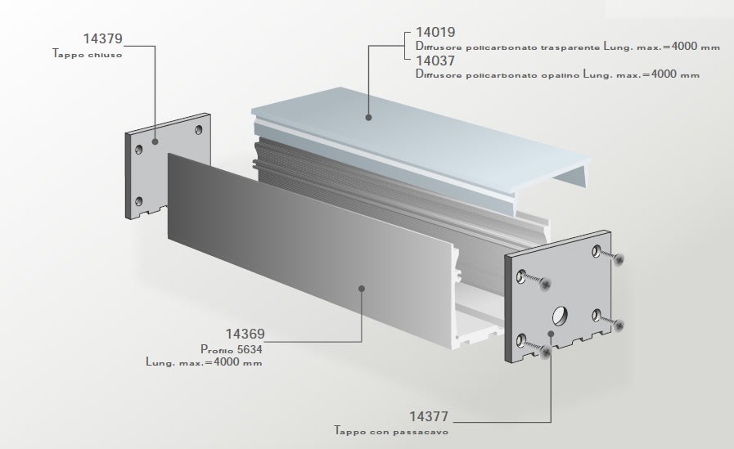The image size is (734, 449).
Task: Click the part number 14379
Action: [x=103, y=39]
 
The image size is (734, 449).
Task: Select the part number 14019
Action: [x=435, y=34]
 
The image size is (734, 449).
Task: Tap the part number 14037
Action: [x=435, y=61]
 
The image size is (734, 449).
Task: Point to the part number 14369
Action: [x=245, y=335]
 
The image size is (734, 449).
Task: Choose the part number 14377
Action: [x=429, y=416]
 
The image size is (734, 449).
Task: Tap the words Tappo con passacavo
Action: [x=390, y=430]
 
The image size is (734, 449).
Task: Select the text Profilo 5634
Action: [x=232, y=348]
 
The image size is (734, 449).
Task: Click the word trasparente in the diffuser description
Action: [x=561, y=47]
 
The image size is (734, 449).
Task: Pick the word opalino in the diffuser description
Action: [x=559, y=74]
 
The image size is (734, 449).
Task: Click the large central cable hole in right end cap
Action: [x=562, y=313]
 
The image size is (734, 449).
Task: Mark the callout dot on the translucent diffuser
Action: [x=368, y=118]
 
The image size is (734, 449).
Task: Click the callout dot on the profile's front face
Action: [x=361, y=287]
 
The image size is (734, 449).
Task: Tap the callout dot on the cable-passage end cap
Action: [x=551, y=334]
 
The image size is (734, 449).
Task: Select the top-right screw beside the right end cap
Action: [x=619, y=259]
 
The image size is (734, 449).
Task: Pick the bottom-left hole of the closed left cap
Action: [x=139, y=201]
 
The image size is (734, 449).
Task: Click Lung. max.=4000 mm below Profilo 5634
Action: [x=204, y=361]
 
